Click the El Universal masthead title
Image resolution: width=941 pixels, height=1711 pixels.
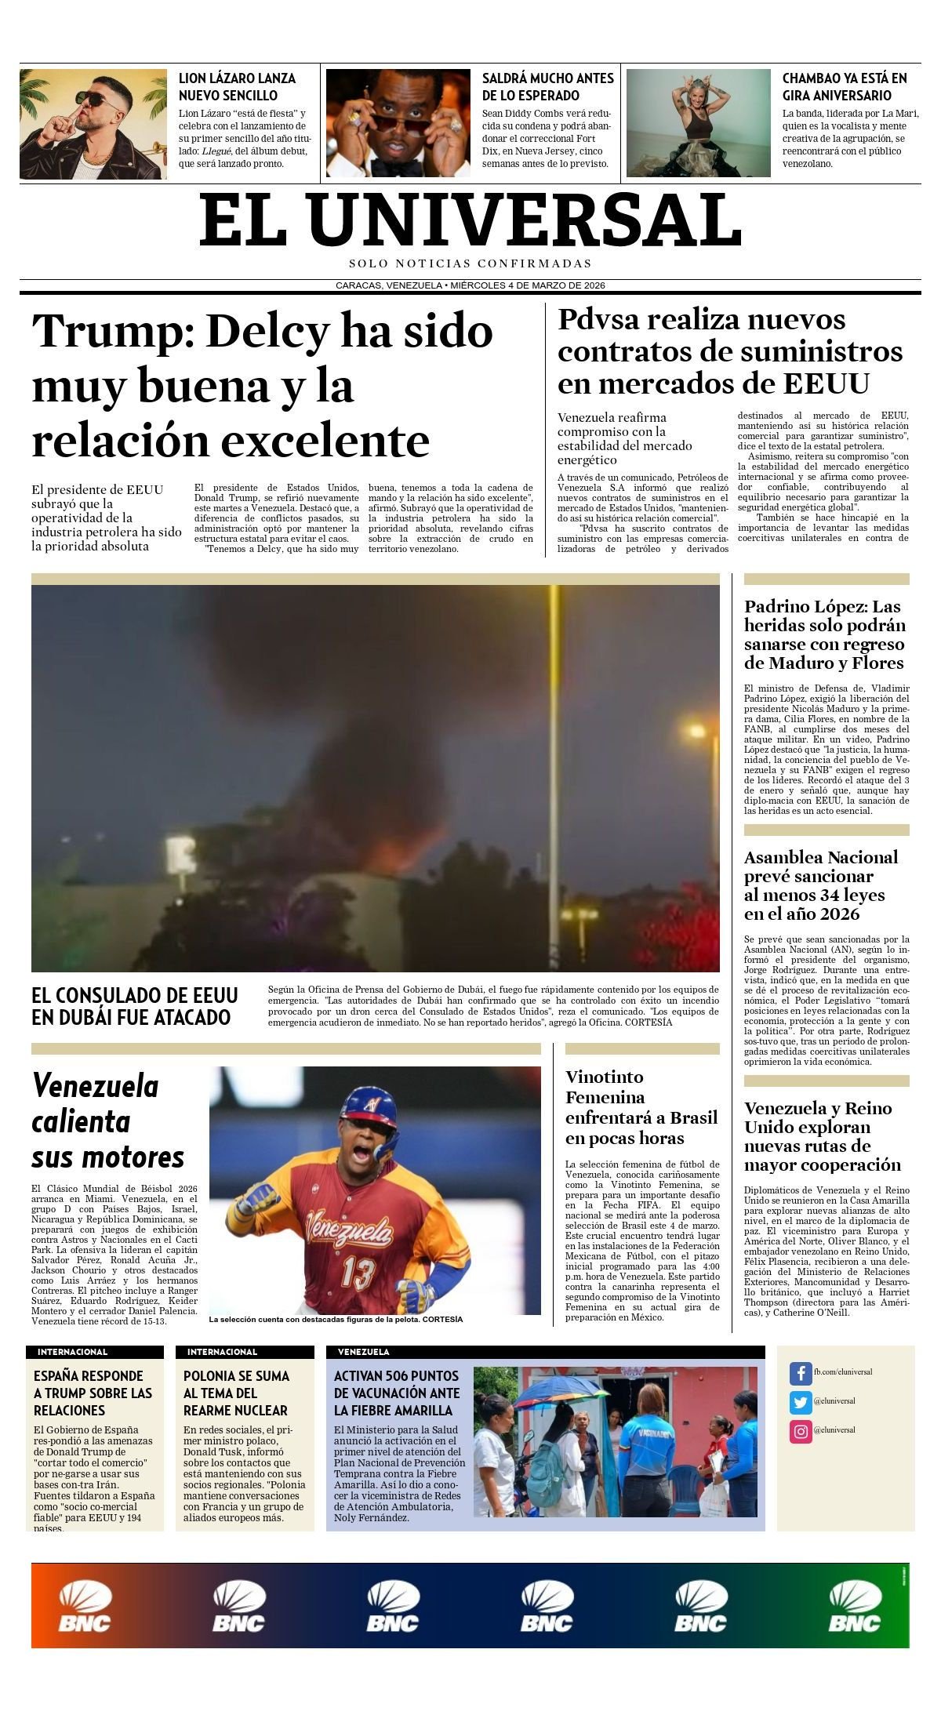pos(470,220)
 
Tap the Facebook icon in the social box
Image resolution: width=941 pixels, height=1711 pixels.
pos(800,1374)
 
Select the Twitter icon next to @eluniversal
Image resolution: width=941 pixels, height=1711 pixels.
pos(800,1403)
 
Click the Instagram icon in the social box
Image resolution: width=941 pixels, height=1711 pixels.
pos(800,1432)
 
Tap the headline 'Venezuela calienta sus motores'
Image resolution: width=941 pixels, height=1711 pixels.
pos(108,1121)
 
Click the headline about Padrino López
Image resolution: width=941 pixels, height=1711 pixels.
pos(824,634)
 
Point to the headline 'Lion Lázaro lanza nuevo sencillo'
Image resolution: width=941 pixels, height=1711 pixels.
pos(237,86)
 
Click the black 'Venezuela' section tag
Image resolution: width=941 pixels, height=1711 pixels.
pos(363,1353)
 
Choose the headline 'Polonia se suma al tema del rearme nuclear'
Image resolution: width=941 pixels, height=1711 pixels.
pos(237,1393)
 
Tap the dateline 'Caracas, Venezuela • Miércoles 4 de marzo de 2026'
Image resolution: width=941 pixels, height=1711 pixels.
pos(470,285)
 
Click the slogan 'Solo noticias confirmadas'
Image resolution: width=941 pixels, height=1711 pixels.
pos(470,263)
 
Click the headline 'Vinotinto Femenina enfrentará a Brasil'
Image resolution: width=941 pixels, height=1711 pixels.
pos(641,1107)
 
